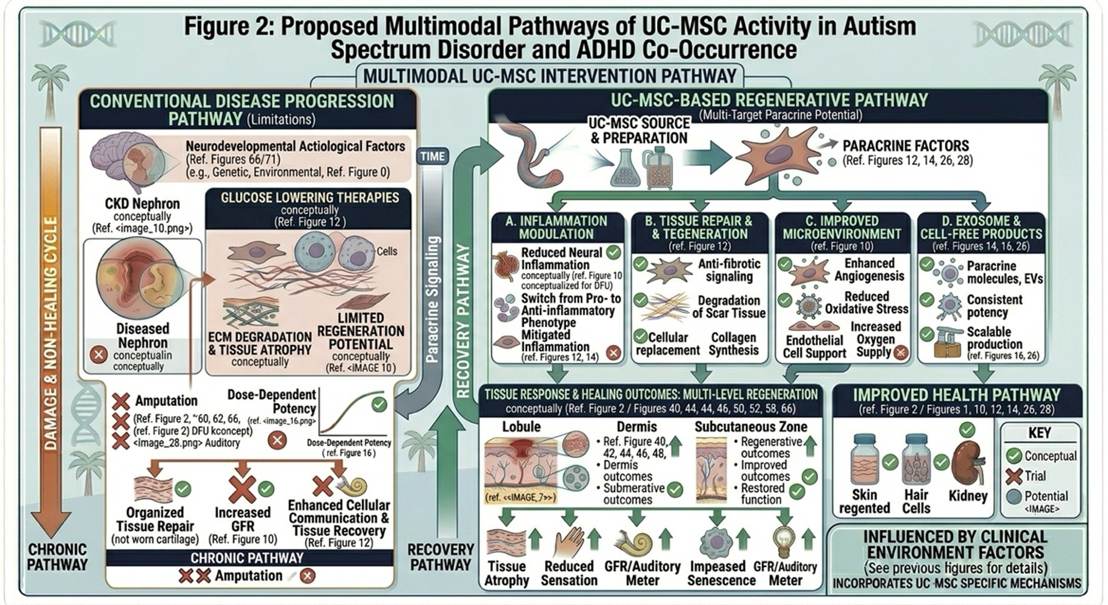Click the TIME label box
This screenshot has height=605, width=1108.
tap(433, 157)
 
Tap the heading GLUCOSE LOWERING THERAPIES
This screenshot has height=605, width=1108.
tap(309, 197)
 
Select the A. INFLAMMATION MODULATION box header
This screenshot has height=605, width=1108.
tap(556, 227)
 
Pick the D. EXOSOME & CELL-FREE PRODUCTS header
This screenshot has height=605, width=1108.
tap(981, 227)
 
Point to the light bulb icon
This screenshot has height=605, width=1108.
tap(784, 541)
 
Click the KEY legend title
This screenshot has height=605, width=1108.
tap(1039, 434)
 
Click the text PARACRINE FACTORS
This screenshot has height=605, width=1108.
tap(906, 146)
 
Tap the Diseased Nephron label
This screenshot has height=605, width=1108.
tap(143, 336)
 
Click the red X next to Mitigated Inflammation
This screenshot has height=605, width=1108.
tap(613, 353)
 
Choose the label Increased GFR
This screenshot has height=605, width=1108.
tap(242, 519)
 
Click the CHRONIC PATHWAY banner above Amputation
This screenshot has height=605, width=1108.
tap(247, 558)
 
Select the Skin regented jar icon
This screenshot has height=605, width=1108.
tap(865, 462)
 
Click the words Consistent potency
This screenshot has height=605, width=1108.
tap(994, 306)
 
